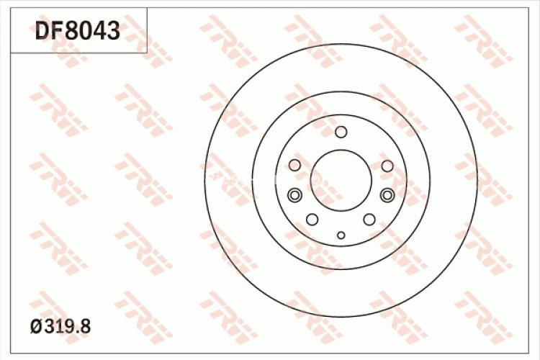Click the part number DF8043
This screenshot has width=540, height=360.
(x=78, y=31)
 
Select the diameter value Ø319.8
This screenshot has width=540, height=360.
(x=61, y=326)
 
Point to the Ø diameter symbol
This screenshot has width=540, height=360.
(x=36, y=326)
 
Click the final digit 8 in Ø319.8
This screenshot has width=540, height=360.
(x=86, y=326)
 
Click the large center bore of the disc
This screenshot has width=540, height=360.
(x=341, y=179)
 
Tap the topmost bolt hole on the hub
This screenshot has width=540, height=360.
(x=341, y=132)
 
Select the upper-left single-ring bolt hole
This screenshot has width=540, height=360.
(x=294, y=166)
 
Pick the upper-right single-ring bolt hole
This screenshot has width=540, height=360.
(x=387, y=166)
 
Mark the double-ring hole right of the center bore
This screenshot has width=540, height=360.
(x=387, y=194)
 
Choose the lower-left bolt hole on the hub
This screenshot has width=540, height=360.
(x=312, y=219)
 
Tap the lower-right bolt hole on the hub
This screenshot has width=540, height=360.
(x=369, y=219)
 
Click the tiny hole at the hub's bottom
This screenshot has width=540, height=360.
(x=341, y=235)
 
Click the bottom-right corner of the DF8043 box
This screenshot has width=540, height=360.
(x=147, y=53)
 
